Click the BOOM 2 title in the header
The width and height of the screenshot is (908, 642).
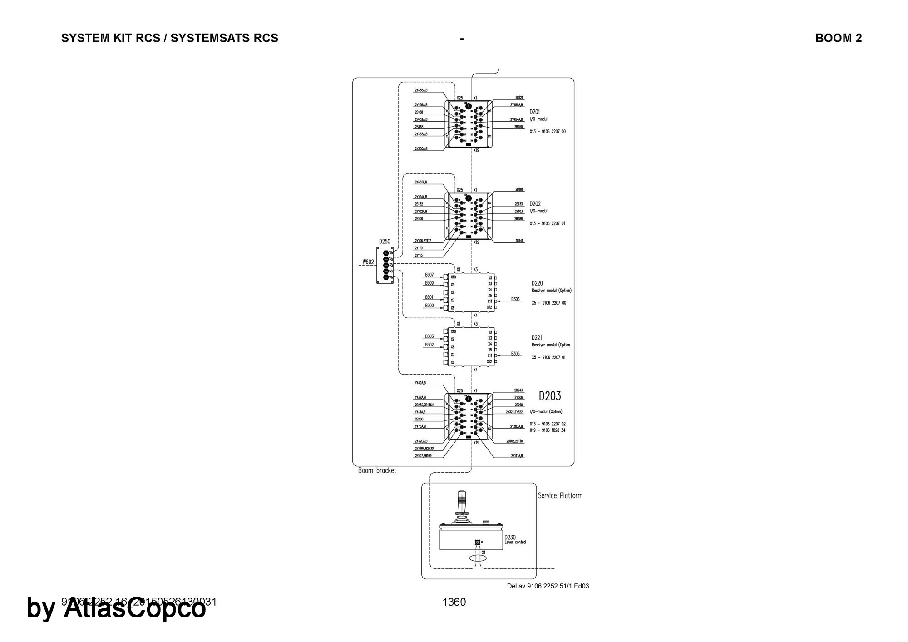coord(838,38)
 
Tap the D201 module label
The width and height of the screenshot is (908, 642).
coord(534,112)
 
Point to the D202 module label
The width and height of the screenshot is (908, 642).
coord(535,204)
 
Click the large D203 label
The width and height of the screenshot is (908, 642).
coord(550,396)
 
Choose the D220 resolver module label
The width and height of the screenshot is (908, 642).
coord(537,283)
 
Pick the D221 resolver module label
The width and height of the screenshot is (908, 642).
coord(537,338)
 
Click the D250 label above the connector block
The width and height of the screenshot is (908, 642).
coord(385,242)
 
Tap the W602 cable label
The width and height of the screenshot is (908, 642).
coord(368,262)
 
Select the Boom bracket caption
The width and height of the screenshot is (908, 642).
coord(377,471)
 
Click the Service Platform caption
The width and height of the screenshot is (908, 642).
coord(560,496)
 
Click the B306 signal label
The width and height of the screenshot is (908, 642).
coord(515,300)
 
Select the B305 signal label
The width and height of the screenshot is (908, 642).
coord(515,354)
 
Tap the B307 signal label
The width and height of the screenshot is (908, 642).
coord(429,275)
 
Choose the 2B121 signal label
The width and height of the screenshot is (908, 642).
coord(519,98)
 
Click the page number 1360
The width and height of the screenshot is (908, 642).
coord(454,602)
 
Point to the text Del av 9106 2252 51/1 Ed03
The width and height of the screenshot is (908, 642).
coord(548,586)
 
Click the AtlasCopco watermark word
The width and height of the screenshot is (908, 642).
coord(134,608)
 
